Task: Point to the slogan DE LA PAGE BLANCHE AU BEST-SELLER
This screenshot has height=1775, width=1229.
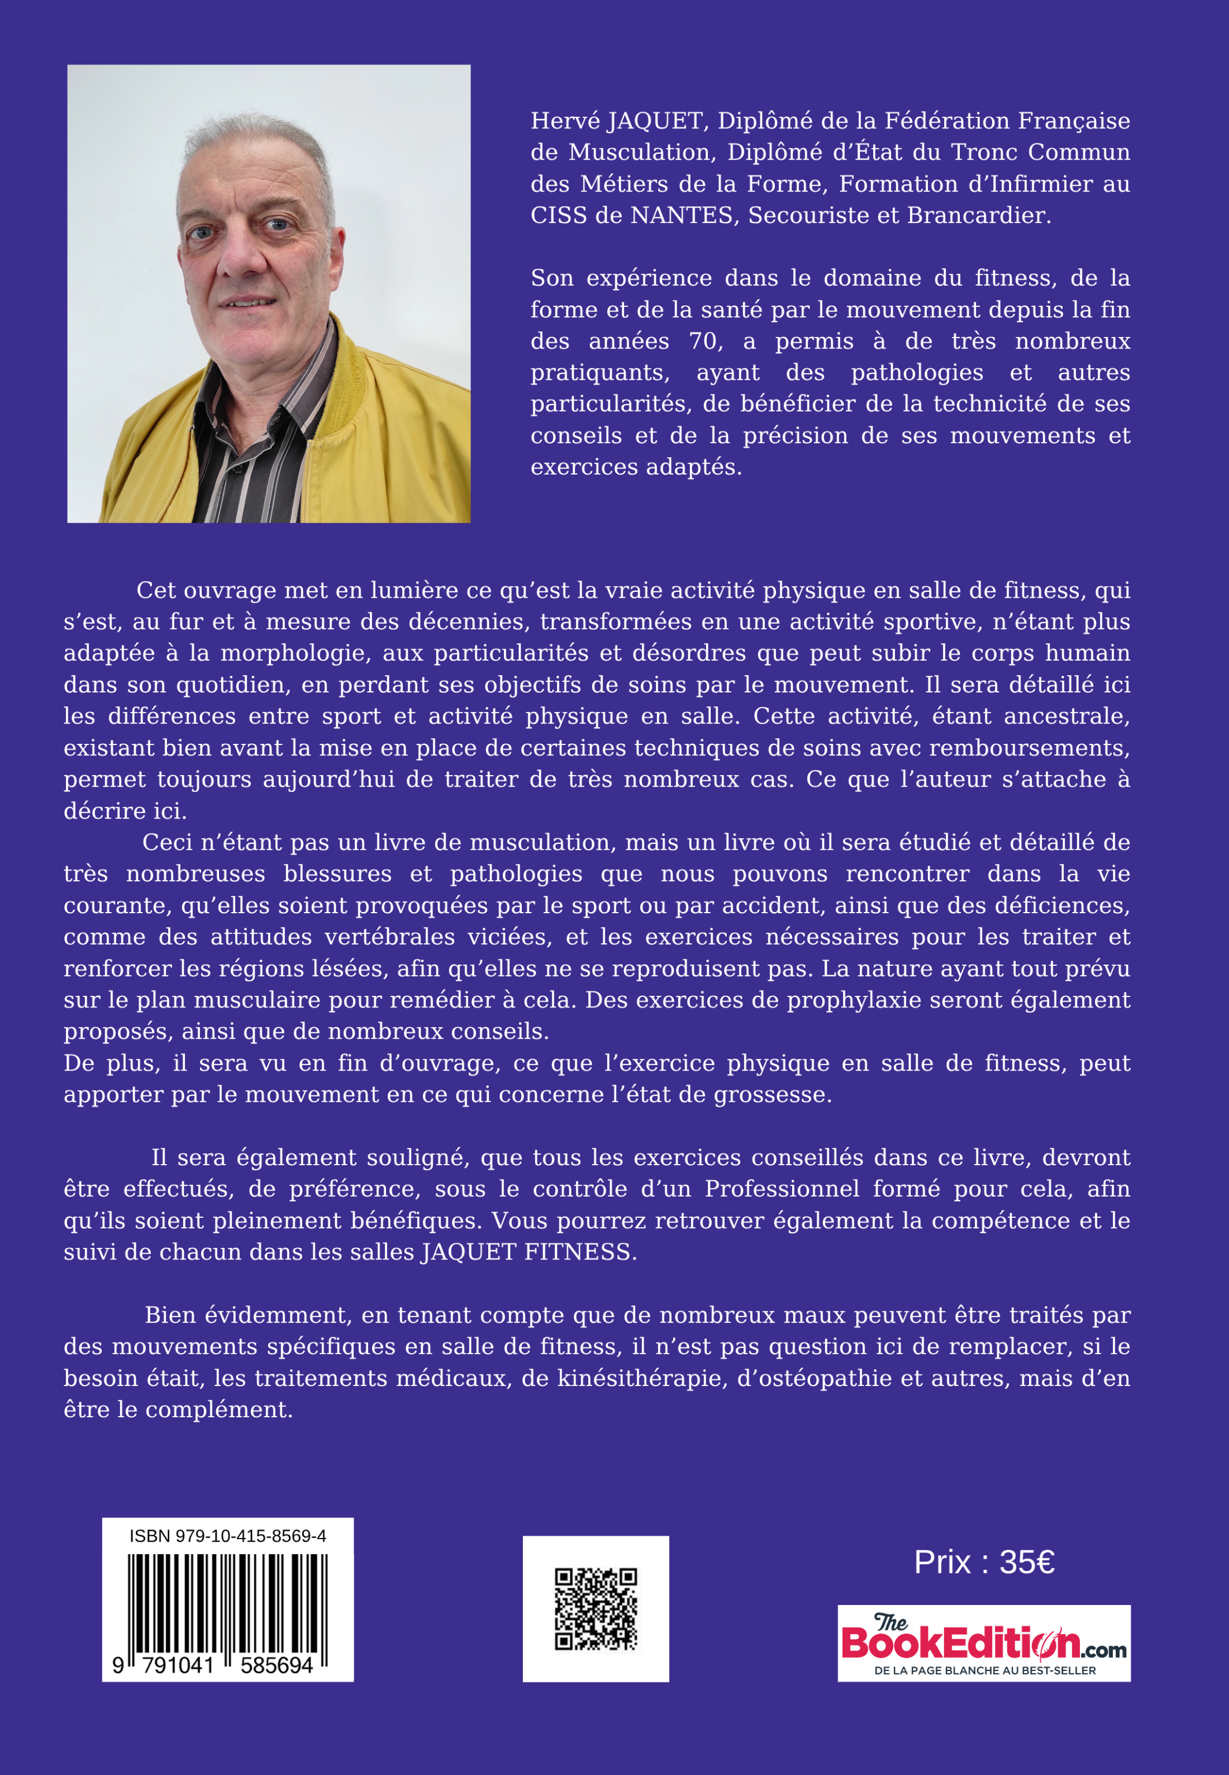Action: pyautogui.click(x=984, y=1670)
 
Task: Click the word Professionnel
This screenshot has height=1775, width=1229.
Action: pyautogui.click(x=782, y=1189)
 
